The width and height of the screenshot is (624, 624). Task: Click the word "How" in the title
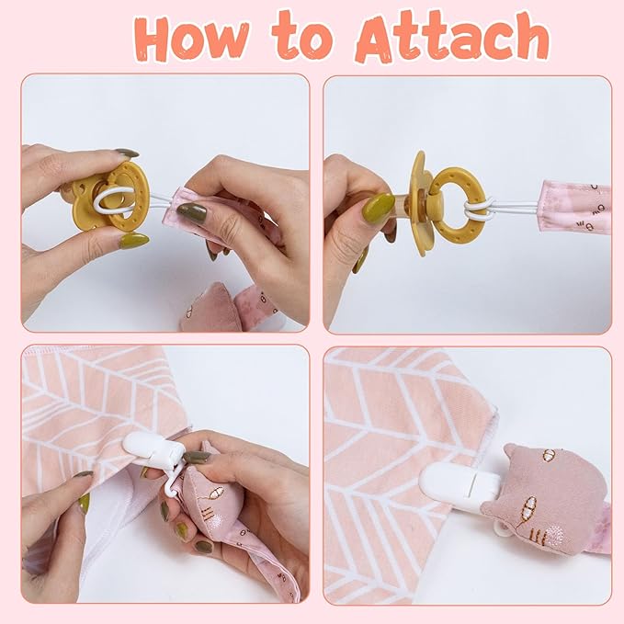[192, 39]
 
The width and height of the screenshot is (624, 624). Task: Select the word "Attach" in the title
[452, 37]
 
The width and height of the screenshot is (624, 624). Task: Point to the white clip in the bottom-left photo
[156, 449]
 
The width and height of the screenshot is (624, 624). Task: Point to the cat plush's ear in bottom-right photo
[514, 453]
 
